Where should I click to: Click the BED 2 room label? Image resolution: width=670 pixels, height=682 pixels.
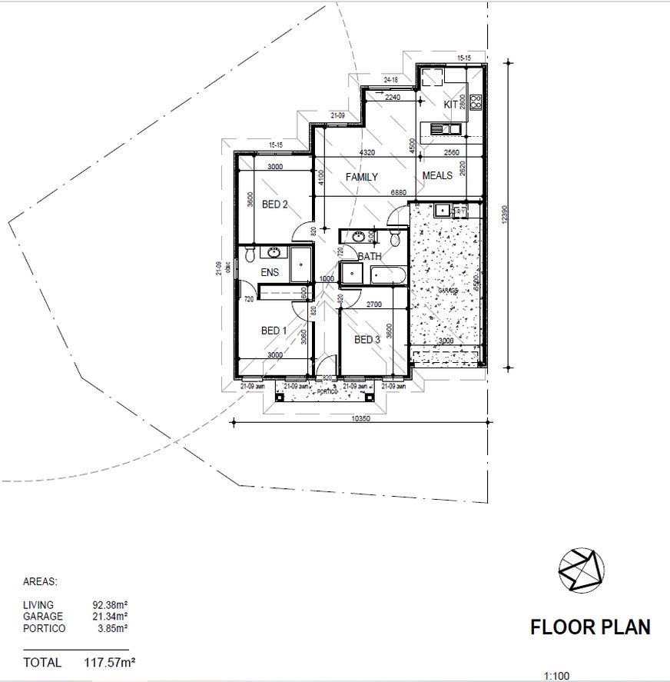274,205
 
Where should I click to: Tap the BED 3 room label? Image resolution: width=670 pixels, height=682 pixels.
367,339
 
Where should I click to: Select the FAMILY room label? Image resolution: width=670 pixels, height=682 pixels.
361,177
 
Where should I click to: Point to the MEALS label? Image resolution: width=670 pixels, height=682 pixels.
437,176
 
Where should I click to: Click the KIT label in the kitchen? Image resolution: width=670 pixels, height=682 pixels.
450,105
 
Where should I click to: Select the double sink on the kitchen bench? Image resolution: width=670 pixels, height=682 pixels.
445,128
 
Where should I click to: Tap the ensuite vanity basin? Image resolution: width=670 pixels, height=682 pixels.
274,252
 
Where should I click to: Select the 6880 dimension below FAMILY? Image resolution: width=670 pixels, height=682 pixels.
398,192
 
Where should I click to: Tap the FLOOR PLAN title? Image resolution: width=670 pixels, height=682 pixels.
590,627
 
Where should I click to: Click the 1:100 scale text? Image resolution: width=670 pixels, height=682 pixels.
556,677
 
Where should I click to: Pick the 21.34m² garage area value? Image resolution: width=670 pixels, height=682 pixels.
110,617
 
